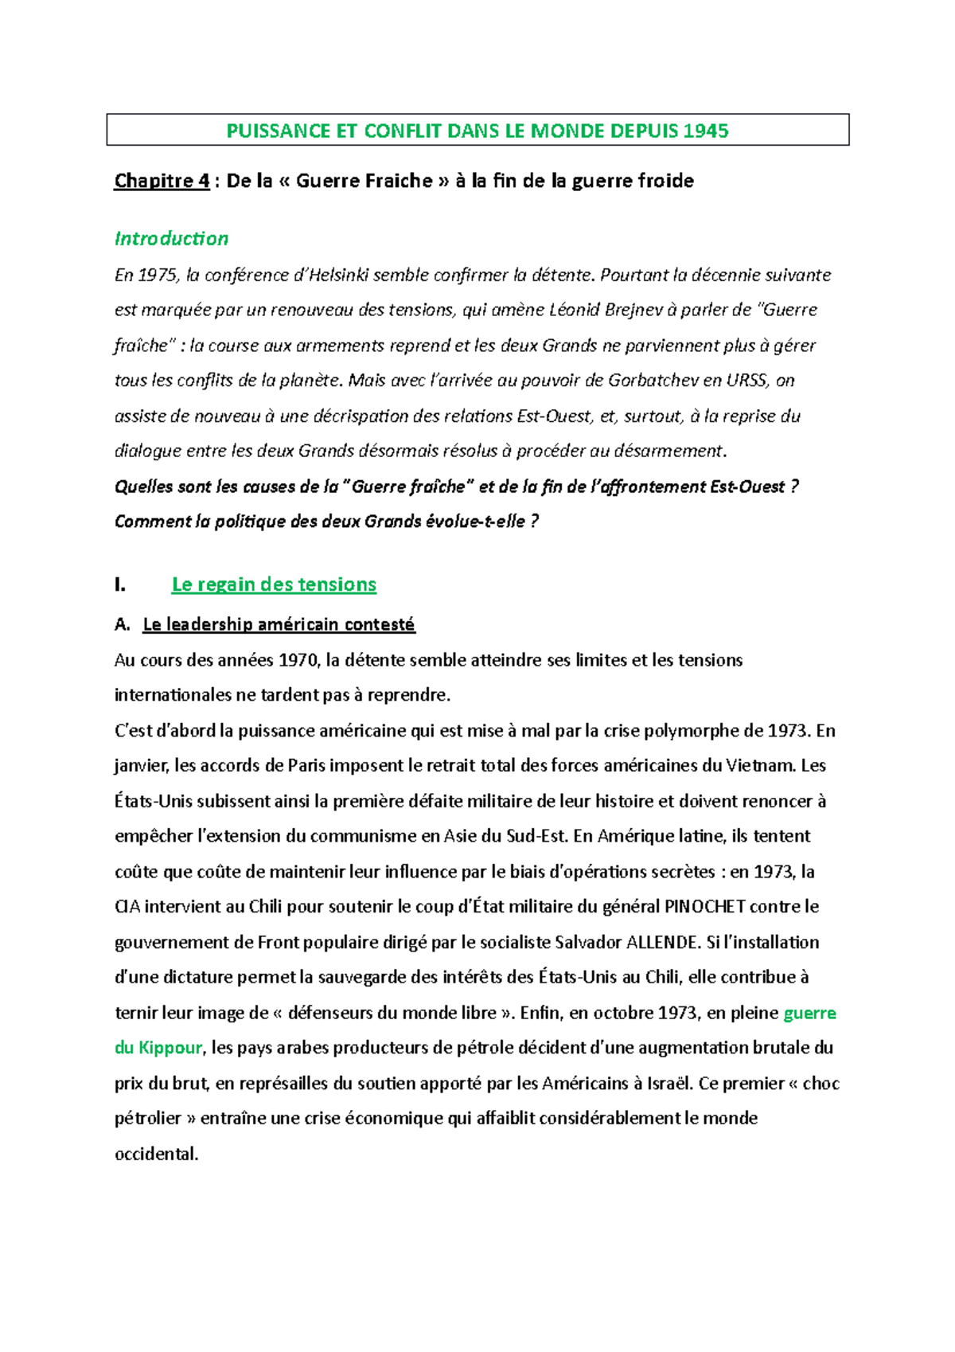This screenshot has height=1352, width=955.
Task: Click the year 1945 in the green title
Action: (x=705, y=131)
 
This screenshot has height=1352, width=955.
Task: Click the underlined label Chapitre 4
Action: (x=162, y=182)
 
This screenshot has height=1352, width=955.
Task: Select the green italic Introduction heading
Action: (x=171, y=239)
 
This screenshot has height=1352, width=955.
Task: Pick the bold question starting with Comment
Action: (x=326, y=522)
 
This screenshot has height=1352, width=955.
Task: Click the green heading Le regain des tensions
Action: (x=274, y=584)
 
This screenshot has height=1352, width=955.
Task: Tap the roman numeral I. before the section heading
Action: (x=120, y=585)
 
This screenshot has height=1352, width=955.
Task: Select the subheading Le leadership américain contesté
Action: (x=279, y=625)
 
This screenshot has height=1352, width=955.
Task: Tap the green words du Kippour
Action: (x=158, y=1049)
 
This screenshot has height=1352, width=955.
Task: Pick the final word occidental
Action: (x=156, y=1155)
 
